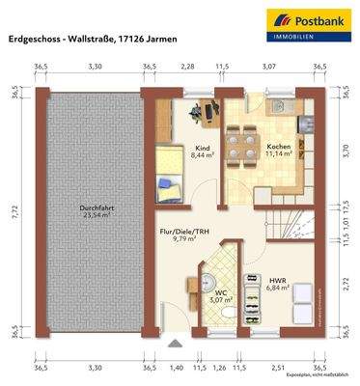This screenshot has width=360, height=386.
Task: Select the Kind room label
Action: click(202, 150)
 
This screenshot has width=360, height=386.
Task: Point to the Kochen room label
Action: click(279, 148)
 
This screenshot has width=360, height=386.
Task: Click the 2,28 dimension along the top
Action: click(187, 67)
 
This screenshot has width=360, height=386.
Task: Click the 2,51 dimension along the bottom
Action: click(278, 368)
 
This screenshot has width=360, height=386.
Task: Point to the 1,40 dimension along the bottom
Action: click(176, 368)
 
